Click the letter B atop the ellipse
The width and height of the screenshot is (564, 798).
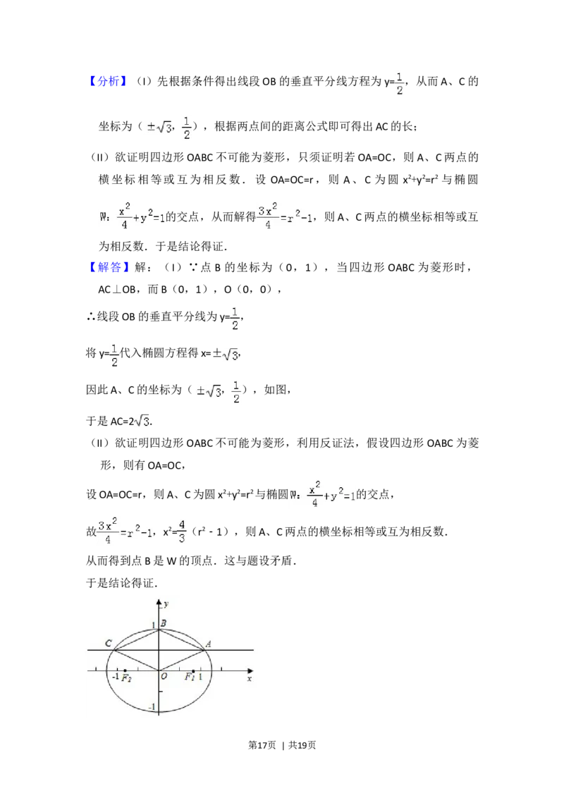(163, 623)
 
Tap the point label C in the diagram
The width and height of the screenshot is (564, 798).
(108, 643)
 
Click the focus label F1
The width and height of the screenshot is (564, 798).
(190, 677)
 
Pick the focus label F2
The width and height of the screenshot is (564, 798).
(126, 678)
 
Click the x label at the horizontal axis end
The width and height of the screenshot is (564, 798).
(249, 678)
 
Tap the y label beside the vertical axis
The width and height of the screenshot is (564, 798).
(166, 604)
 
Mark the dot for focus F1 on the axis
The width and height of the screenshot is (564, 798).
(193, 670)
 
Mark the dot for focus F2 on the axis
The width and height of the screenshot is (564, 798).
(125, 670)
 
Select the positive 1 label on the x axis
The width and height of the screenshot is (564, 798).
(200, 677)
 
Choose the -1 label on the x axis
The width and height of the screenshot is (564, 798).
(116, 677)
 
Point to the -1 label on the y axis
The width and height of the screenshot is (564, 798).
(151, 707)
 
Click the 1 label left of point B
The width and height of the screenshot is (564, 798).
(153, 625)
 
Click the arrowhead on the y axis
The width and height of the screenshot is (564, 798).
(159, 601)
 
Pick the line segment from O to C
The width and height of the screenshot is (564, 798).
(136, 660)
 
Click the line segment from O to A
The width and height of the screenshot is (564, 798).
(181, 660)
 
